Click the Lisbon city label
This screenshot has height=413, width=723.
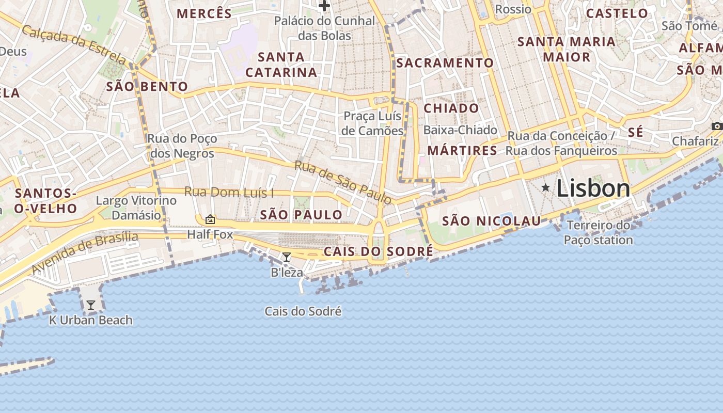click(x=593, y=189)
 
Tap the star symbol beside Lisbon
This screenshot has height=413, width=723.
click(x=545, y=188)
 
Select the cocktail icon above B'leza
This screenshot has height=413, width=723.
click(x=287, y=257)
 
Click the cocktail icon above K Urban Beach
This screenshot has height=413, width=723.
click(x=91, y=305)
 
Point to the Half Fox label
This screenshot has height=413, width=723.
click(x=210, y=235)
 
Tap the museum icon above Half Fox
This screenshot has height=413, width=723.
click(x=210, y=219)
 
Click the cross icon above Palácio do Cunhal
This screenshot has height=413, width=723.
click(x=324, y=6)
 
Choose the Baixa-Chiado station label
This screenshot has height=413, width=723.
click(x=460, y=130)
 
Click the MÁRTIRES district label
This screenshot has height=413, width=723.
click(x=462, y=151)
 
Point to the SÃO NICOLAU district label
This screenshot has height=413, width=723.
click(x=492, y=221)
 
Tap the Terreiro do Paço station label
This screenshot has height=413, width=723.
click(x=598, y=233)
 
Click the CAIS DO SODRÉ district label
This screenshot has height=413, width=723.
click(x=379, y=251)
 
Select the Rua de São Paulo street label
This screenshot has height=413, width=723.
click(x=343, y=182)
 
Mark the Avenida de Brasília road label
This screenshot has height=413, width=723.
click(x=85, y=252)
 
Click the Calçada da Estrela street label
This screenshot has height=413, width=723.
click(x=73, y=44)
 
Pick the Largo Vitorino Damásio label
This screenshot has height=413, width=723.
click(x=136, y=208)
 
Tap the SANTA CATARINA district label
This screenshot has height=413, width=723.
click(x=281, y=65)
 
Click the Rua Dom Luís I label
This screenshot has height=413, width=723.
click(x=229, y=193)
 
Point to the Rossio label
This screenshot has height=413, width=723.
click(x=513, y=9)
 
